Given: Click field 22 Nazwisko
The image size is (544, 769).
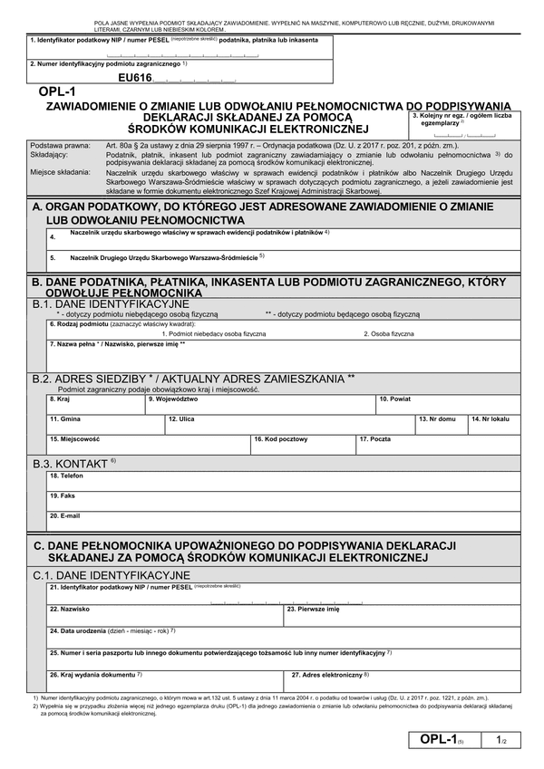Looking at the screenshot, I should [x=163, y=614].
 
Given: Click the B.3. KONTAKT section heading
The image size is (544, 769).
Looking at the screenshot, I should [x=74, y=464].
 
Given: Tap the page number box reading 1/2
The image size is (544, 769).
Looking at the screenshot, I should [x=501, y=741].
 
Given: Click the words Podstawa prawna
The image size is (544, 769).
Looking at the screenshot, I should [x=60, y=145].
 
